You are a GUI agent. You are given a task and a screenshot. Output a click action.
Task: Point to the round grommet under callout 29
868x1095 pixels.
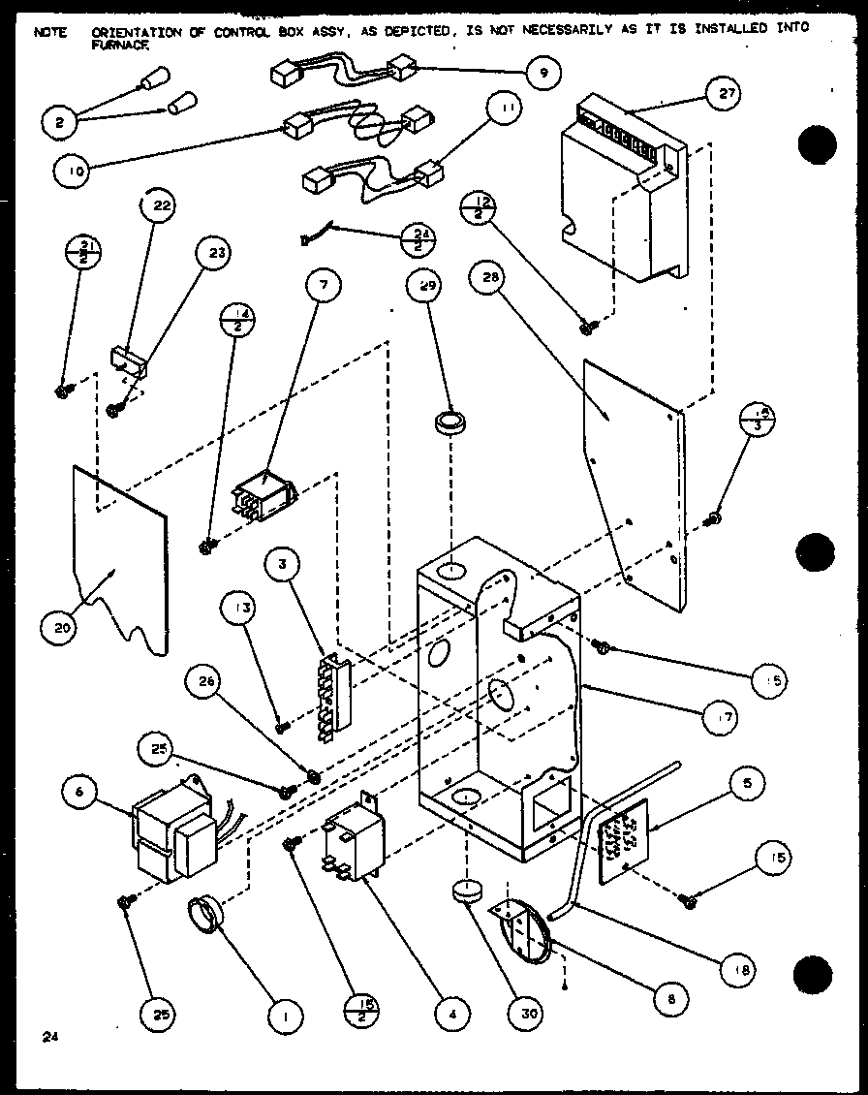point(450,425)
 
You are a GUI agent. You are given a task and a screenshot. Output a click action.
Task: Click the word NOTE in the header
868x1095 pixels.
point(50,31)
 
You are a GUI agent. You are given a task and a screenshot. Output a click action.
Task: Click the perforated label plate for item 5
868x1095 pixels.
point(621,838)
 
